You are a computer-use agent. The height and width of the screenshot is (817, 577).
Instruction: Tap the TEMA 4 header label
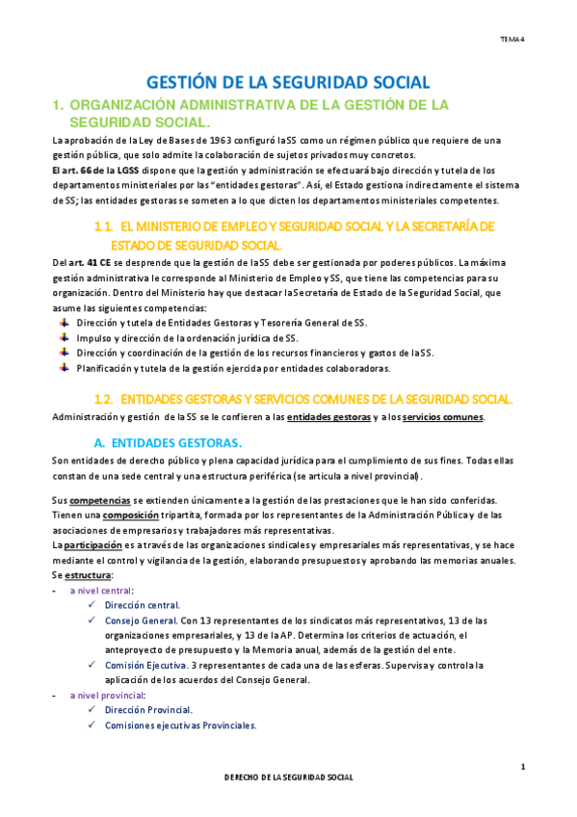[x=511, y=40]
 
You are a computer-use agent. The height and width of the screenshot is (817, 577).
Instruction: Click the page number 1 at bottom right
[x=522, y=766]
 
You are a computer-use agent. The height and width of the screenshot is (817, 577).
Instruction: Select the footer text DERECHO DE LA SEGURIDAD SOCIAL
[x=289, y=777]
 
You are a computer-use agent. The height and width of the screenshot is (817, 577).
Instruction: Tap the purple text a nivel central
[x=101, y=590]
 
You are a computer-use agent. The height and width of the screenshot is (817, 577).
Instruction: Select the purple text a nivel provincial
[x=107, y=695]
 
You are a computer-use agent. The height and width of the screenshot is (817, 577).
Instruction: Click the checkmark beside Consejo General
[x=91, y=620]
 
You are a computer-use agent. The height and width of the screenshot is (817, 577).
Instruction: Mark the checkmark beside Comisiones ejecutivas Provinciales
[x=91, y=725]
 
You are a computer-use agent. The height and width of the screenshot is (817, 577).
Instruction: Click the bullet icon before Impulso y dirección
[x=64, y=338]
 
